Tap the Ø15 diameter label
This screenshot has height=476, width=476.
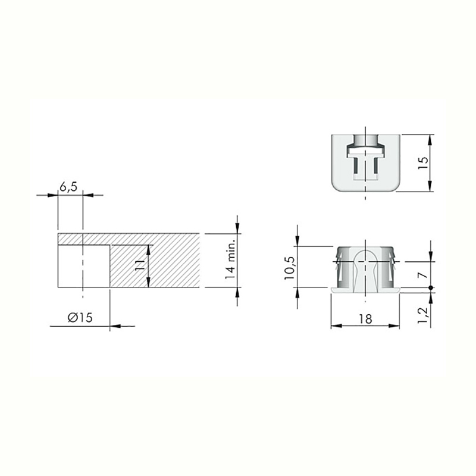(x=80, y=318)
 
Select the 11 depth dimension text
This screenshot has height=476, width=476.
(x=139, y=265)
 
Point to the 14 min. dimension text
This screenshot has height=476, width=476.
(x=230, y=259)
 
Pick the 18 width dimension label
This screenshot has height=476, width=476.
(x=365, y=319)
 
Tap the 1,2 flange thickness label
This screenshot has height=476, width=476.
(x=422, y=315)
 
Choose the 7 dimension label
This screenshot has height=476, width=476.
(x=423, y=275)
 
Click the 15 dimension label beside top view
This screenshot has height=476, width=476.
(x=423, y=163)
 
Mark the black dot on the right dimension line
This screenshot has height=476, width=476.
(x=430, y=287)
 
